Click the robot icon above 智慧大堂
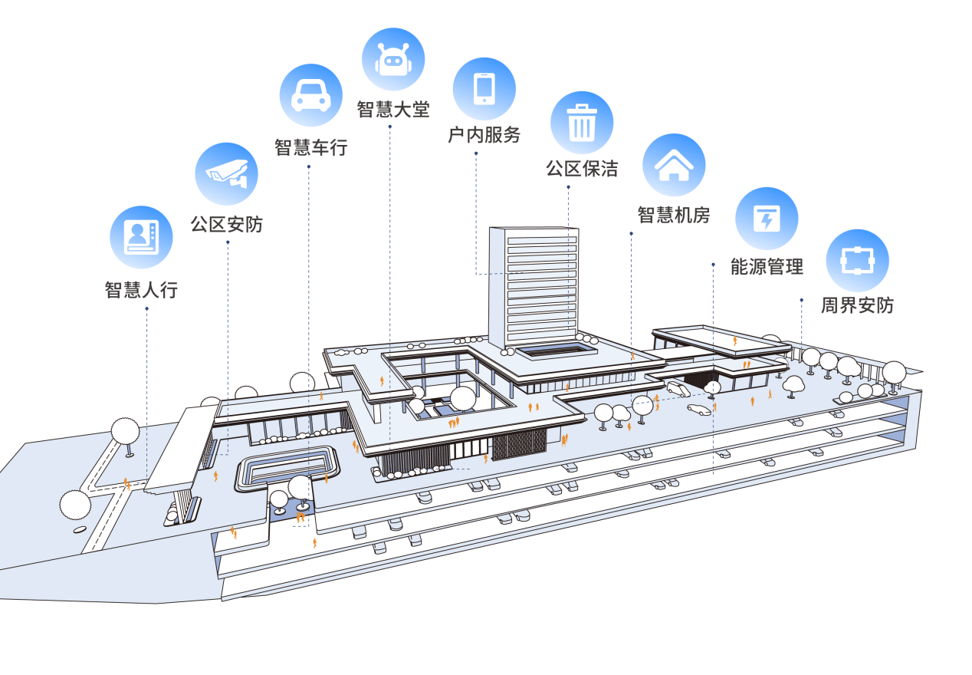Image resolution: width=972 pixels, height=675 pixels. pyautogui.click(x=393, y=60)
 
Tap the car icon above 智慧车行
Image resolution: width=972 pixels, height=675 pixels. pyautogui.click(x=310, y=96)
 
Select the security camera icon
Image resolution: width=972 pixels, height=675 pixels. pyautogui.click(x=227, y=173)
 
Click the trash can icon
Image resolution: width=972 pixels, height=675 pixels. pyautogui.click(x=582, y=123)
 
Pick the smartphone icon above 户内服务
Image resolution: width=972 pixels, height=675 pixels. pyautogui.click(x=484, y=89)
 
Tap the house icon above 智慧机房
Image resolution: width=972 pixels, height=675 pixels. pyautogui.click(x=674, y=165)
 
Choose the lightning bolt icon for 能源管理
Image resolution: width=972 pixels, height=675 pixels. pyautogui.click(x=767, y=219)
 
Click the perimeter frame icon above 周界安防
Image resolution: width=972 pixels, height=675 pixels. pyautogui.click(x=858, y=261)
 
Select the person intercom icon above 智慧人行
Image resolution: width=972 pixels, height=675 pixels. pyautogui.click(x=142, y=237)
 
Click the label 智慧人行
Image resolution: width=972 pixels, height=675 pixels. pyautogui.click(x=142, y=289)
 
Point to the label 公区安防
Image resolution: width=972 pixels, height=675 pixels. pyautogui.click(x=227, y=225)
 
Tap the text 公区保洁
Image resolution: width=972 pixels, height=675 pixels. pyautogui.click(x=582, y=169)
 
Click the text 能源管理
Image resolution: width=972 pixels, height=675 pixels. pyautogui.click(x=767, y=266)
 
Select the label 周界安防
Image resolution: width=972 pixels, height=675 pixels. pyautogui.click(x=858, y=305)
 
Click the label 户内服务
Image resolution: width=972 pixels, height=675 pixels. pyautogui.click(x=484, y=134)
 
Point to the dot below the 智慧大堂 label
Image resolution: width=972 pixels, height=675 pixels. pyautogui.click(x=389, y=127)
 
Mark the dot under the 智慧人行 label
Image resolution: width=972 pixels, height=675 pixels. pyautogui.click(x=146, y=308)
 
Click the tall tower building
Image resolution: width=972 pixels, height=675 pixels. pyautogui.click(x=534, y=288)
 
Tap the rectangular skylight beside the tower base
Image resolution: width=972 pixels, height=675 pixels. pyautogui.click(x=557, y=350)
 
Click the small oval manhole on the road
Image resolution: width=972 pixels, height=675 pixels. pyautogui.click(x=80, y=529)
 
